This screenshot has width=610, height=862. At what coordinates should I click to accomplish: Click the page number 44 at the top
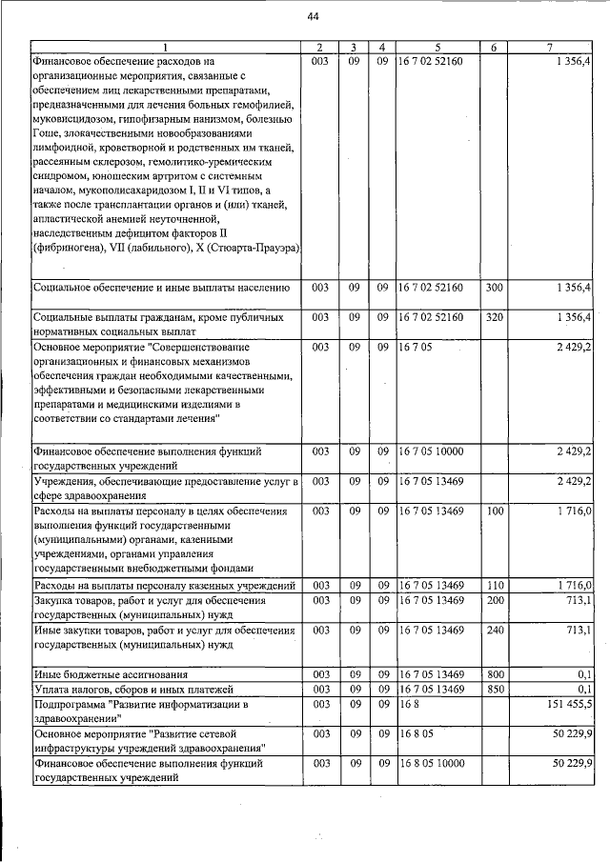pyautogui.click(x=313, y=17)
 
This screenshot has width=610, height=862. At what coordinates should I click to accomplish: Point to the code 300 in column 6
pyautogui.click(x=494, y=287)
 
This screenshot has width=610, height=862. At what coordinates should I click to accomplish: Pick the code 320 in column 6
pyautogui.click(x=494, y=316)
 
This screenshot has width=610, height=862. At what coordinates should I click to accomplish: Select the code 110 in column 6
pyautogui.click(x=494, y=585)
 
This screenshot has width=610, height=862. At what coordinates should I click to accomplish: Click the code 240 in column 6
pyautogui.click(x=494, y=631)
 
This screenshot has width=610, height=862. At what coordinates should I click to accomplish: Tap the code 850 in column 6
pyautogui.click(x=494, y=689)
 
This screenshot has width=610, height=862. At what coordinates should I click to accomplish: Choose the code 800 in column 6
pyautogui.click(x=494, y=674)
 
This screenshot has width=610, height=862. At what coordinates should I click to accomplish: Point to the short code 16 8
pyautogui.click(x=409, y=704)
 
